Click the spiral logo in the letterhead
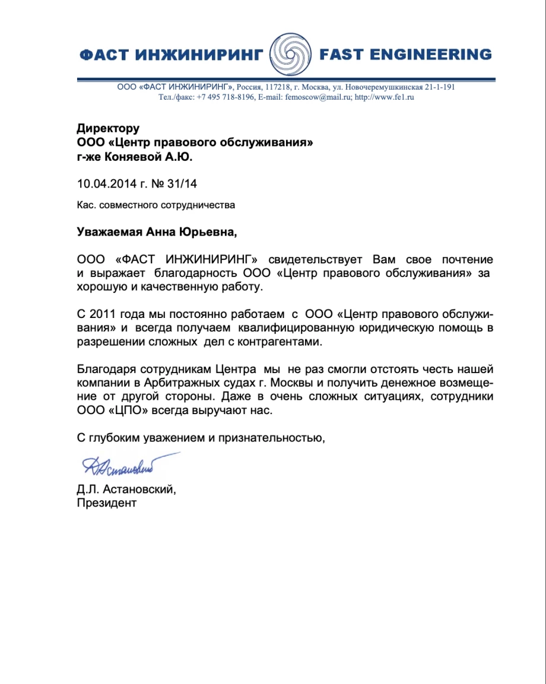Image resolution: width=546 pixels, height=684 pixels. [x=291, y=55]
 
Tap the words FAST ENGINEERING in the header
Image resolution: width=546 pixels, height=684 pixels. [x=405, y=55]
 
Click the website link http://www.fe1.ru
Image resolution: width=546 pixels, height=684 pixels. [x=384, y=97]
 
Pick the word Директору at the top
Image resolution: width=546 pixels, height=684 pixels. [x=108, y=128]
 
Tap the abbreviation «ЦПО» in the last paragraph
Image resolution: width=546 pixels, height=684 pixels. [x=122, y=410]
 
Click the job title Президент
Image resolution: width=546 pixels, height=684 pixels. [x=107, y=503]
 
